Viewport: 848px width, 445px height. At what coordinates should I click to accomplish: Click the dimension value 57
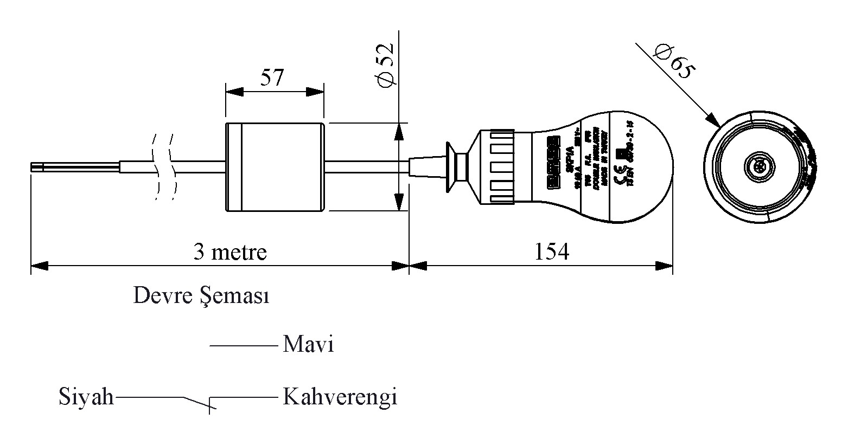272,78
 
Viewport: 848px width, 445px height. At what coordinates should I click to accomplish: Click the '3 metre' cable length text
230,252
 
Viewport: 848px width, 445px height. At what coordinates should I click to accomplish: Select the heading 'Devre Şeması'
201,296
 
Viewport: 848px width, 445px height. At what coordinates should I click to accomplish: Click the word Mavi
308,345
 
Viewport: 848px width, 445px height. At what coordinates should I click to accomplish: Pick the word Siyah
86,397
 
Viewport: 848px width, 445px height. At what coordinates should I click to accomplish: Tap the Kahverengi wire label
340,397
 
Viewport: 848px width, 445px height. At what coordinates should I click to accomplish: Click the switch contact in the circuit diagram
198,402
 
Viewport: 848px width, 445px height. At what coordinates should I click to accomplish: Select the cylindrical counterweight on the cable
275,167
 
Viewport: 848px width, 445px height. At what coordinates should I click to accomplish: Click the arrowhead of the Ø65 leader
716,121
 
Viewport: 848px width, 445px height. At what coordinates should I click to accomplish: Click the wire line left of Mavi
243,345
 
